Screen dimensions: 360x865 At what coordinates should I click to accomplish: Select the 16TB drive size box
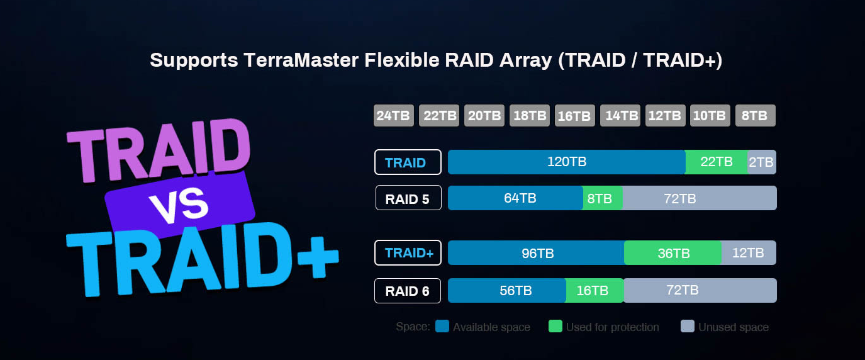coord(574,116)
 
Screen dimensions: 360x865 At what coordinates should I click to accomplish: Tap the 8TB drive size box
coord(755,116)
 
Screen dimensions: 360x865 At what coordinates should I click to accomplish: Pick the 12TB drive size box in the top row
coord(665,116)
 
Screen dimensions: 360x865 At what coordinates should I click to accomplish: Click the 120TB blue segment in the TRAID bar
coord(566,162)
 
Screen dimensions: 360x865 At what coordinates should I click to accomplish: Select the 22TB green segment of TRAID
coord(716,162)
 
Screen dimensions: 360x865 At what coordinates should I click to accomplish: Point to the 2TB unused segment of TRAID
coord(761,162)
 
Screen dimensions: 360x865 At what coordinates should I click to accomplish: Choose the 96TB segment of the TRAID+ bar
coord(536,253)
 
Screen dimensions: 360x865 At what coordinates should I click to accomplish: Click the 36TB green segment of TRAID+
coord(672,253)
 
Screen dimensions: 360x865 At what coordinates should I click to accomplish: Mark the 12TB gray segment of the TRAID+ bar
coord(749,253)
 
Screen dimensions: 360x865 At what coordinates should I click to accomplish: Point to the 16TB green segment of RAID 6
coord(594,291)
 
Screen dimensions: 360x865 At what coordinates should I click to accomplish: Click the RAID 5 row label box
coord(408,198)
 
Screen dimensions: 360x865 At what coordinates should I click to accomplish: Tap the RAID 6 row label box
coord(408,291)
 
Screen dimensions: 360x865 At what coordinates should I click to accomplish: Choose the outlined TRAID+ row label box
coord(408,253)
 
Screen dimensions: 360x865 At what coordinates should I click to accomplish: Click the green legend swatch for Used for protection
coord(555,327)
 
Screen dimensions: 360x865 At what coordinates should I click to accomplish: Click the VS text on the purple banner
coord(180,205)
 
